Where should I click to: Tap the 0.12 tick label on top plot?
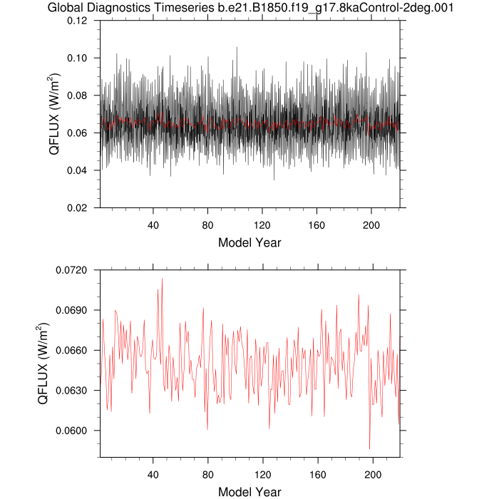(78, 21)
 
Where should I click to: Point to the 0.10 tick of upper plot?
(78, 58)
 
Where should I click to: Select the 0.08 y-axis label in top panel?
(78, 96)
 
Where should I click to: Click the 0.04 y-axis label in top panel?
(78, 170)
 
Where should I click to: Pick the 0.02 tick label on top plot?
(78, 208)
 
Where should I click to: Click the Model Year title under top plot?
(249, 242)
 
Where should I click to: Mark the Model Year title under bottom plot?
(249, 491)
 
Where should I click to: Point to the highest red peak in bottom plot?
(162, 279)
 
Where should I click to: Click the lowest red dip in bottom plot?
(369, 448)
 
